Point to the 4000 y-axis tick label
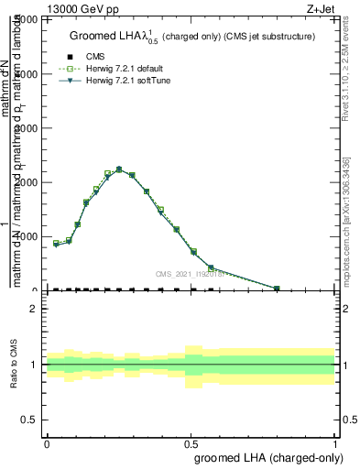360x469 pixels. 27,74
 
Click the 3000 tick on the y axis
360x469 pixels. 27,128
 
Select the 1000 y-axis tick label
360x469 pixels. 27,236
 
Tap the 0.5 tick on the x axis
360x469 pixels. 191,443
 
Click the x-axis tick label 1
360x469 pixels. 336,443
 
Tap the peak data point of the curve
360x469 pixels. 119,169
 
